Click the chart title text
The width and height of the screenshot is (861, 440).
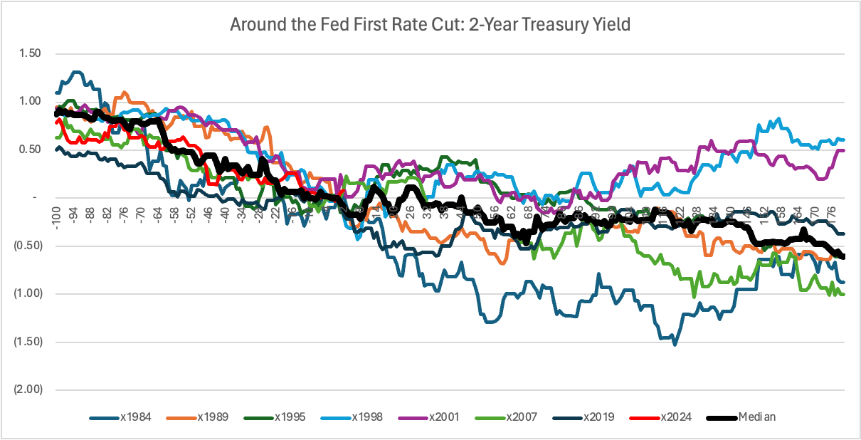[430, 24]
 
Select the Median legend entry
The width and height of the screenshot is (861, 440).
[754, 417]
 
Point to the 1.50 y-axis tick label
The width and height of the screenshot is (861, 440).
[29, 53]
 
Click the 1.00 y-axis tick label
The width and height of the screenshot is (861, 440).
[29, 101]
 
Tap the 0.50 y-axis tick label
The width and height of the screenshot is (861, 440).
[29, 150]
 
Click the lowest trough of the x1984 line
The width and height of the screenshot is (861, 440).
[675, 345]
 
